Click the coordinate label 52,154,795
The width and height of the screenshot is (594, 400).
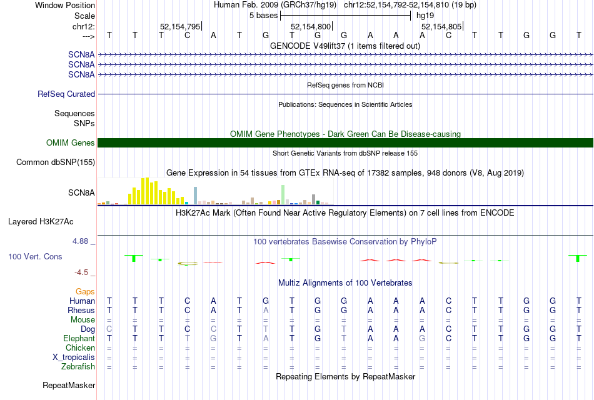pyautogui.click(x=180, y=26)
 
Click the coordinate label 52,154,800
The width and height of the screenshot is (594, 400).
pyautogui.click(x=311, y=26)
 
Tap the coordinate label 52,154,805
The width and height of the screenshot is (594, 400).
pyautogui.click(x=441, y=26)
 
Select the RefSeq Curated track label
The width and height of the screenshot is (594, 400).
pyautogui.click(x=66, y=94)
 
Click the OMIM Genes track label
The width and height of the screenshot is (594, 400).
pyautogui.click(x=71, y=143)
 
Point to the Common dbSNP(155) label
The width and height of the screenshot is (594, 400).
pyautogui.click(x=56, y=162)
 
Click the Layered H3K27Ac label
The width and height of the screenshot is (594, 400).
pyautogui.click(x=41, y=221)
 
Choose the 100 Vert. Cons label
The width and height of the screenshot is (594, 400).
pyautogui.click(x=35, y=256)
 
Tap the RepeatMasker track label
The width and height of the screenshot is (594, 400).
pyautogui.click(x=69, y=386)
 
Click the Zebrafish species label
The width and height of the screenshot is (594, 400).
pyautogui.click(x=78, y=366)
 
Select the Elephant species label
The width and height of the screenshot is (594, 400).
pyautogui.click(x=79, y=338)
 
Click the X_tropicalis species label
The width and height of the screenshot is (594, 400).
pyautogui.click(x=74, y=357)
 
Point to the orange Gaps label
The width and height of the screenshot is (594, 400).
pyautogui.click(x=85, y=291)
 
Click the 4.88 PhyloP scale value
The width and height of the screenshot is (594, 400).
pyautogui.click(x=84, y=241)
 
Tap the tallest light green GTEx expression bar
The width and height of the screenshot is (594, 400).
pyautogui.click(x=283, y=194)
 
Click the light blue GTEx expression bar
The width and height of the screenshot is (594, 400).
pyautogui.click(x=196, y=195)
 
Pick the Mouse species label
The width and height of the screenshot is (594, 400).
pyautogui.click(x=83, y=319)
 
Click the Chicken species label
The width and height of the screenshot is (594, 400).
pyautogui.click(x=81, y=347)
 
